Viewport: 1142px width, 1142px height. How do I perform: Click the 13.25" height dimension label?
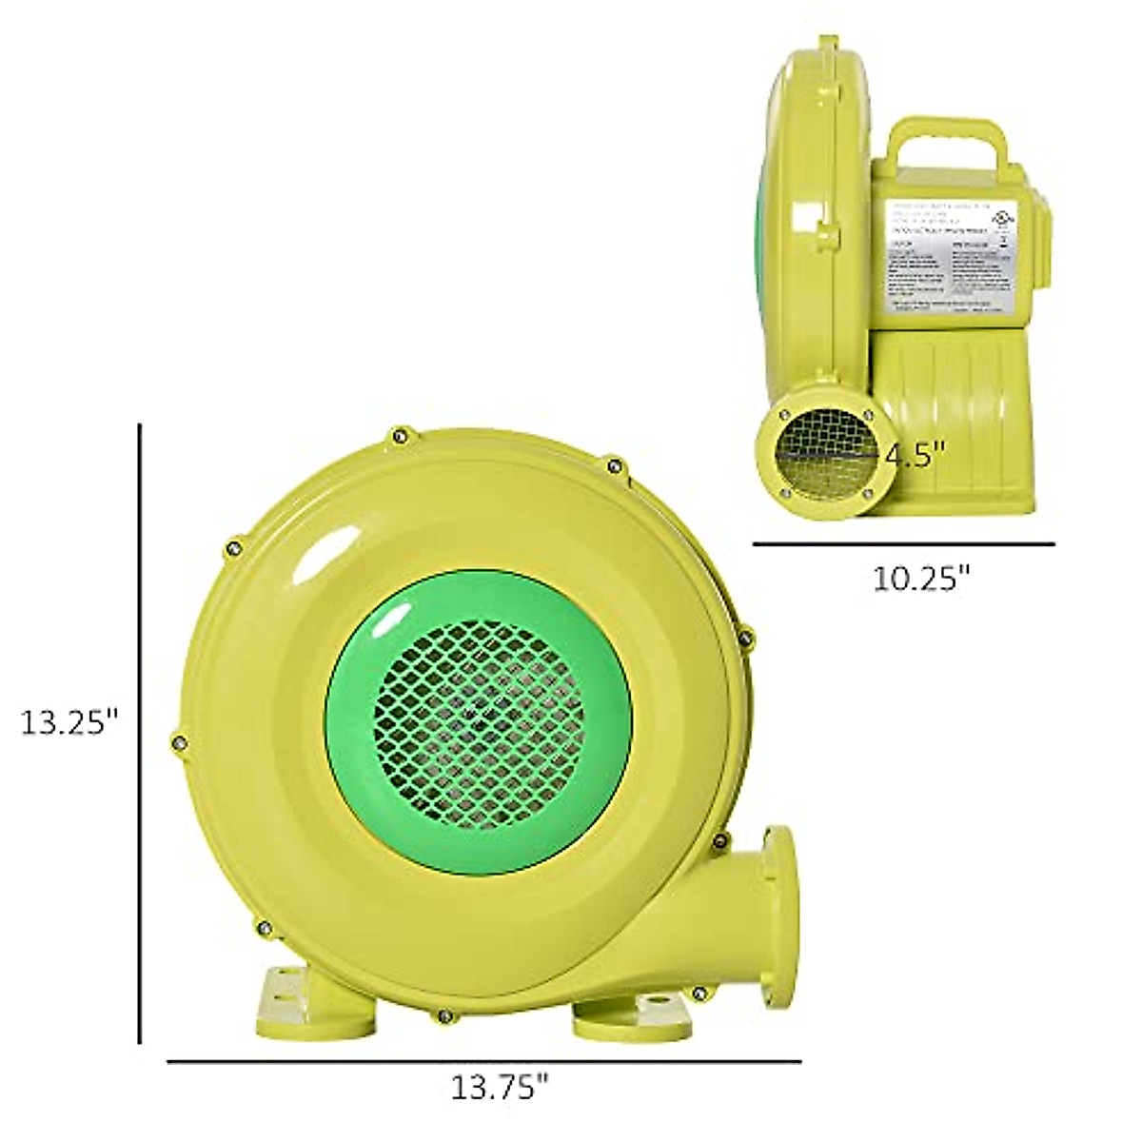coord(69,723)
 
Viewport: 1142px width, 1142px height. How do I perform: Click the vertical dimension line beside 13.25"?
coord(140,733)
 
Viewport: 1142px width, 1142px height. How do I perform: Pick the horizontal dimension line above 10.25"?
coord(903,544)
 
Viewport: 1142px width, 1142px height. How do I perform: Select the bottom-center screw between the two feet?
coord(443,1015)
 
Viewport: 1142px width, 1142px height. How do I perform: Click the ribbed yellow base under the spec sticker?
coord(952,381)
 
